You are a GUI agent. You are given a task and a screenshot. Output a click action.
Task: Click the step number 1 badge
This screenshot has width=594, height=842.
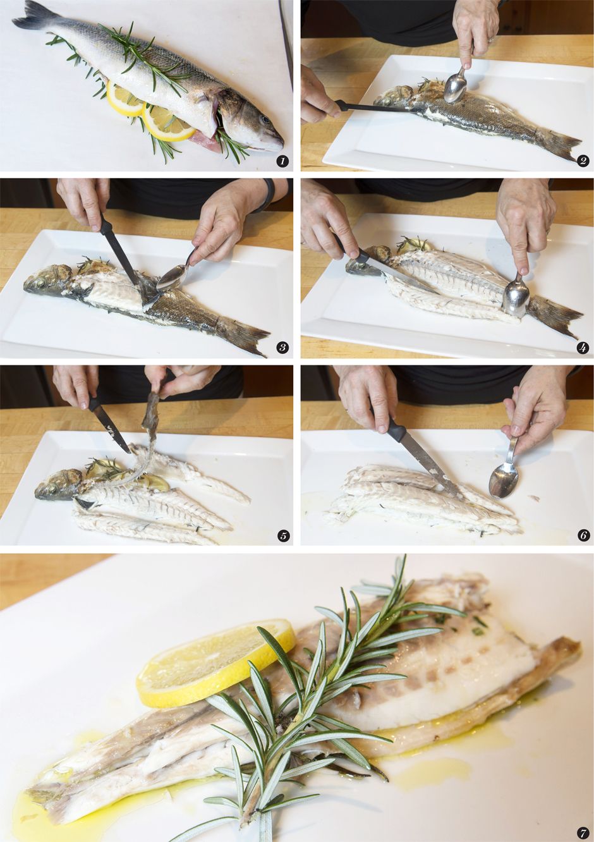click(x=282, y=161)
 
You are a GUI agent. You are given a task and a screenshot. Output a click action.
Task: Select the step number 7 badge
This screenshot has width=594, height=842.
click(x=582, y=833)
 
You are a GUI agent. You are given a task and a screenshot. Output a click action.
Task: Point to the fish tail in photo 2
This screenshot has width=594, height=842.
click(x=559, y=144)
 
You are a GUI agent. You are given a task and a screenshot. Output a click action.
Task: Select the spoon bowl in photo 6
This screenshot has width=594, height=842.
click(x=504, y=480)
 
